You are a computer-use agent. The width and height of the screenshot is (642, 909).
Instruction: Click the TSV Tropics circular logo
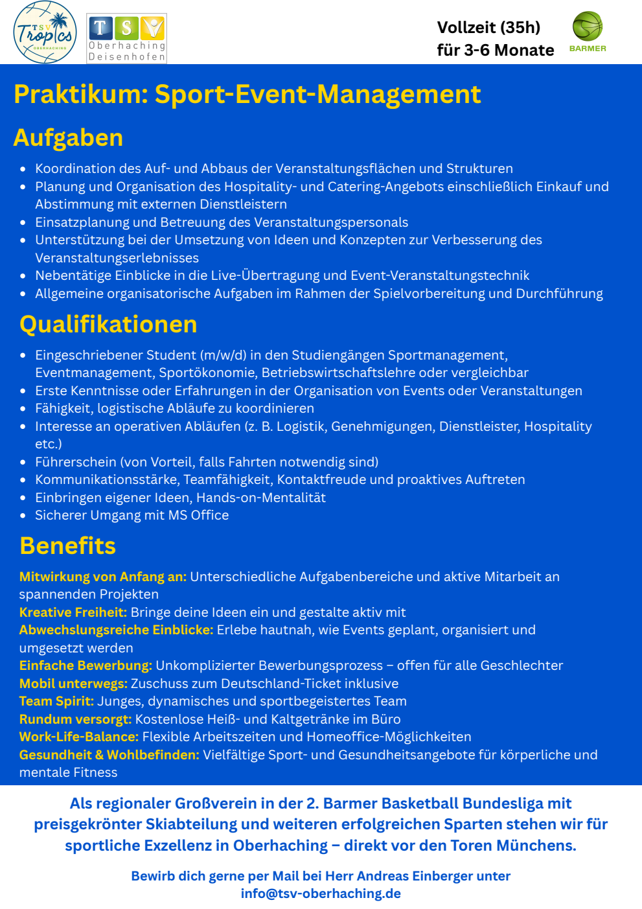(x=45, y=32)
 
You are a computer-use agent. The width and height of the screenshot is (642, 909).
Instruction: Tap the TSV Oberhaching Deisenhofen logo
(x=127, y=39)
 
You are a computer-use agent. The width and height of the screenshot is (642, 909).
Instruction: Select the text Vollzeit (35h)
(x=488, y=27)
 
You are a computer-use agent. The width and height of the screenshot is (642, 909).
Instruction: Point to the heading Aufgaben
(x=68, y=138)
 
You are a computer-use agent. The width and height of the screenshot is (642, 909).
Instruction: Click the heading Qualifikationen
(x=108, y=324)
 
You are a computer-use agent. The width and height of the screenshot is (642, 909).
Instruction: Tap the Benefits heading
(x=67, y=546)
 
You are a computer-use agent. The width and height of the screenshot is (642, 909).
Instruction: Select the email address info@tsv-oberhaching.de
(x=321, y=893)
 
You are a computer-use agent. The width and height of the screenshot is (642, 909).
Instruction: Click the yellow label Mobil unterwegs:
(x=73, y=684)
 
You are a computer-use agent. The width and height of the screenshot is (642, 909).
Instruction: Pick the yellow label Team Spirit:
(x=56, y=701)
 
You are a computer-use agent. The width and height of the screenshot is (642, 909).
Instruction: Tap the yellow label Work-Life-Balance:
(x=79, y=737)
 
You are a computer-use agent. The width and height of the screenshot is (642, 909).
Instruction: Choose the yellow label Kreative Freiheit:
(x=73, y=612)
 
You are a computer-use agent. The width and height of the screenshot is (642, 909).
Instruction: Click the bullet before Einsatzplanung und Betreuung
(x=23, y=223)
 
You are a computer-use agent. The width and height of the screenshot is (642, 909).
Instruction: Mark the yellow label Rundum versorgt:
(x=75, y=719)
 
